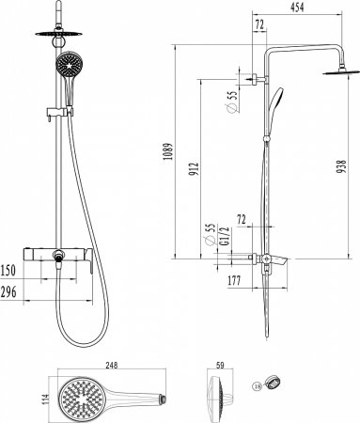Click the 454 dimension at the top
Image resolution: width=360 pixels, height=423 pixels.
tap(297, 7)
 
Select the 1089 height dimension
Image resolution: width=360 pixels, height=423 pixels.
tap(169, 151)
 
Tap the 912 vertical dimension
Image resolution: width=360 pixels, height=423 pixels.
tap(195, 168)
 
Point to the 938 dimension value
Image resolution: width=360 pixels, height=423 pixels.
tap(342, 166)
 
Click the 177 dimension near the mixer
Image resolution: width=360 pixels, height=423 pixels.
tap(234, 280)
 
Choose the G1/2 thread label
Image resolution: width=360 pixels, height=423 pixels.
tap(226, 237)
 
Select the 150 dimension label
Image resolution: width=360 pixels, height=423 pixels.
tap(8, 271)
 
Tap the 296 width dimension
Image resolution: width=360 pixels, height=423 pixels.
tap(8, 292)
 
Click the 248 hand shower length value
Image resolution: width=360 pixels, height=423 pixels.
tap(112, 366)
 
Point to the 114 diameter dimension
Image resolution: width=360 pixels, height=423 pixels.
tap(46, 399)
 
